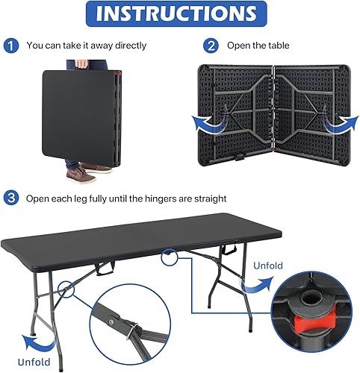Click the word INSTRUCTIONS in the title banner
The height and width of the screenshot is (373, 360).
coord(180,14)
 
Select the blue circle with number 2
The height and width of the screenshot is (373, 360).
coord(211,46)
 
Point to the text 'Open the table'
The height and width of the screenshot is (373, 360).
coord(258,46)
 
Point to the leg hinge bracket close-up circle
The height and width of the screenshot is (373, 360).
coord(135,329)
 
